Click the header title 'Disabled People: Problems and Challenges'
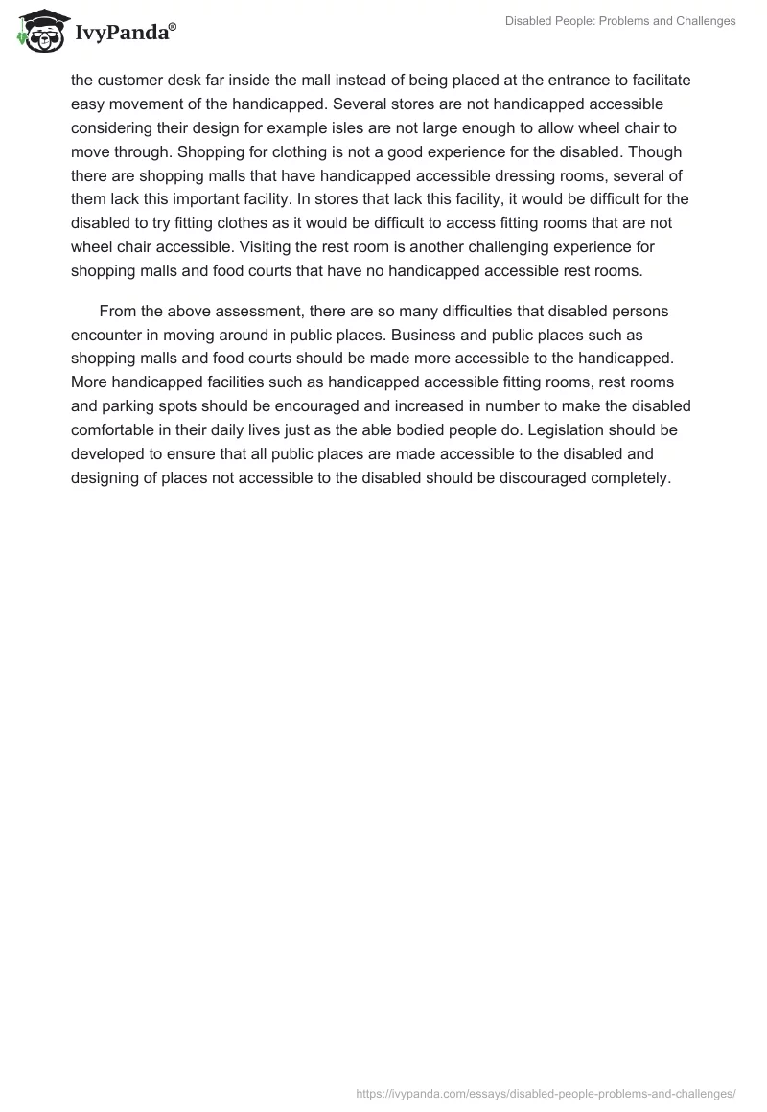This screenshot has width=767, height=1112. tap(620, 21)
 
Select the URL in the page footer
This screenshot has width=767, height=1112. tap(545, 1092)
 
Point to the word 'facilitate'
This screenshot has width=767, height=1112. tap(656, 81)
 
